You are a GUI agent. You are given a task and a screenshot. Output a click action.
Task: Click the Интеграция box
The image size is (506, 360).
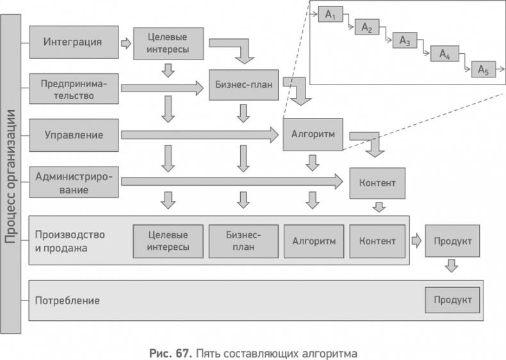(x=73, y=43)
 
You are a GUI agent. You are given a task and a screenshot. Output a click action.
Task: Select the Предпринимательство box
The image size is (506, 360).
(x=73, y=90)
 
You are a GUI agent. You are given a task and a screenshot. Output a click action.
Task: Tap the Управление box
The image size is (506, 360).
(x=73, y=135)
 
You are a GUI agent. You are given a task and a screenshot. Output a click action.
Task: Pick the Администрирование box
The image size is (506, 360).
(x=73, y=183)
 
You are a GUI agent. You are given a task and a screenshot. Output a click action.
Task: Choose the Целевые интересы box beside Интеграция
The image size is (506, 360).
(x=168, y=43)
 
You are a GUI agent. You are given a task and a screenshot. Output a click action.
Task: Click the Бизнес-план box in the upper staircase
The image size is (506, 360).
(x=243, y=84)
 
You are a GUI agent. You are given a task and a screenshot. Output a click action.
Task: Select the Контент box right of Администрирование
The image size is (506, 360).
(x=377, y=183)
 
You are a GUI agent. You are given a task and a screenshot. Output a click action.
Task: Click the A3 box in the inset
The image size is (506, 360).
(x=404, y=41)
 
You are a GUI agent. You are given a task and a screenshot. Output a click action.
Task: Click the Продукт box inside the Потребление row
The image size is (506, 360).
(x=452, y=300)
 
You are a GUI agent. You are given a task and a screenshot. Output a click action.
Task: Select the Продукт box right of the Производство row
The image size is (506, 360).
(x=452, y=241)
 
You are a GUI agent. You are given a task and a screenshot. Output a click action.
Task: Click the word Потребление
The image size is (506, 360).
(x=68, y=300)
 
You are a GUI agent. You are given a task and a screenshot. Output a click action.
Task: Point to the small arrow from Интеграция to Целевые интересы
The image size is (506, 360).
(x=126, y=44)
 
